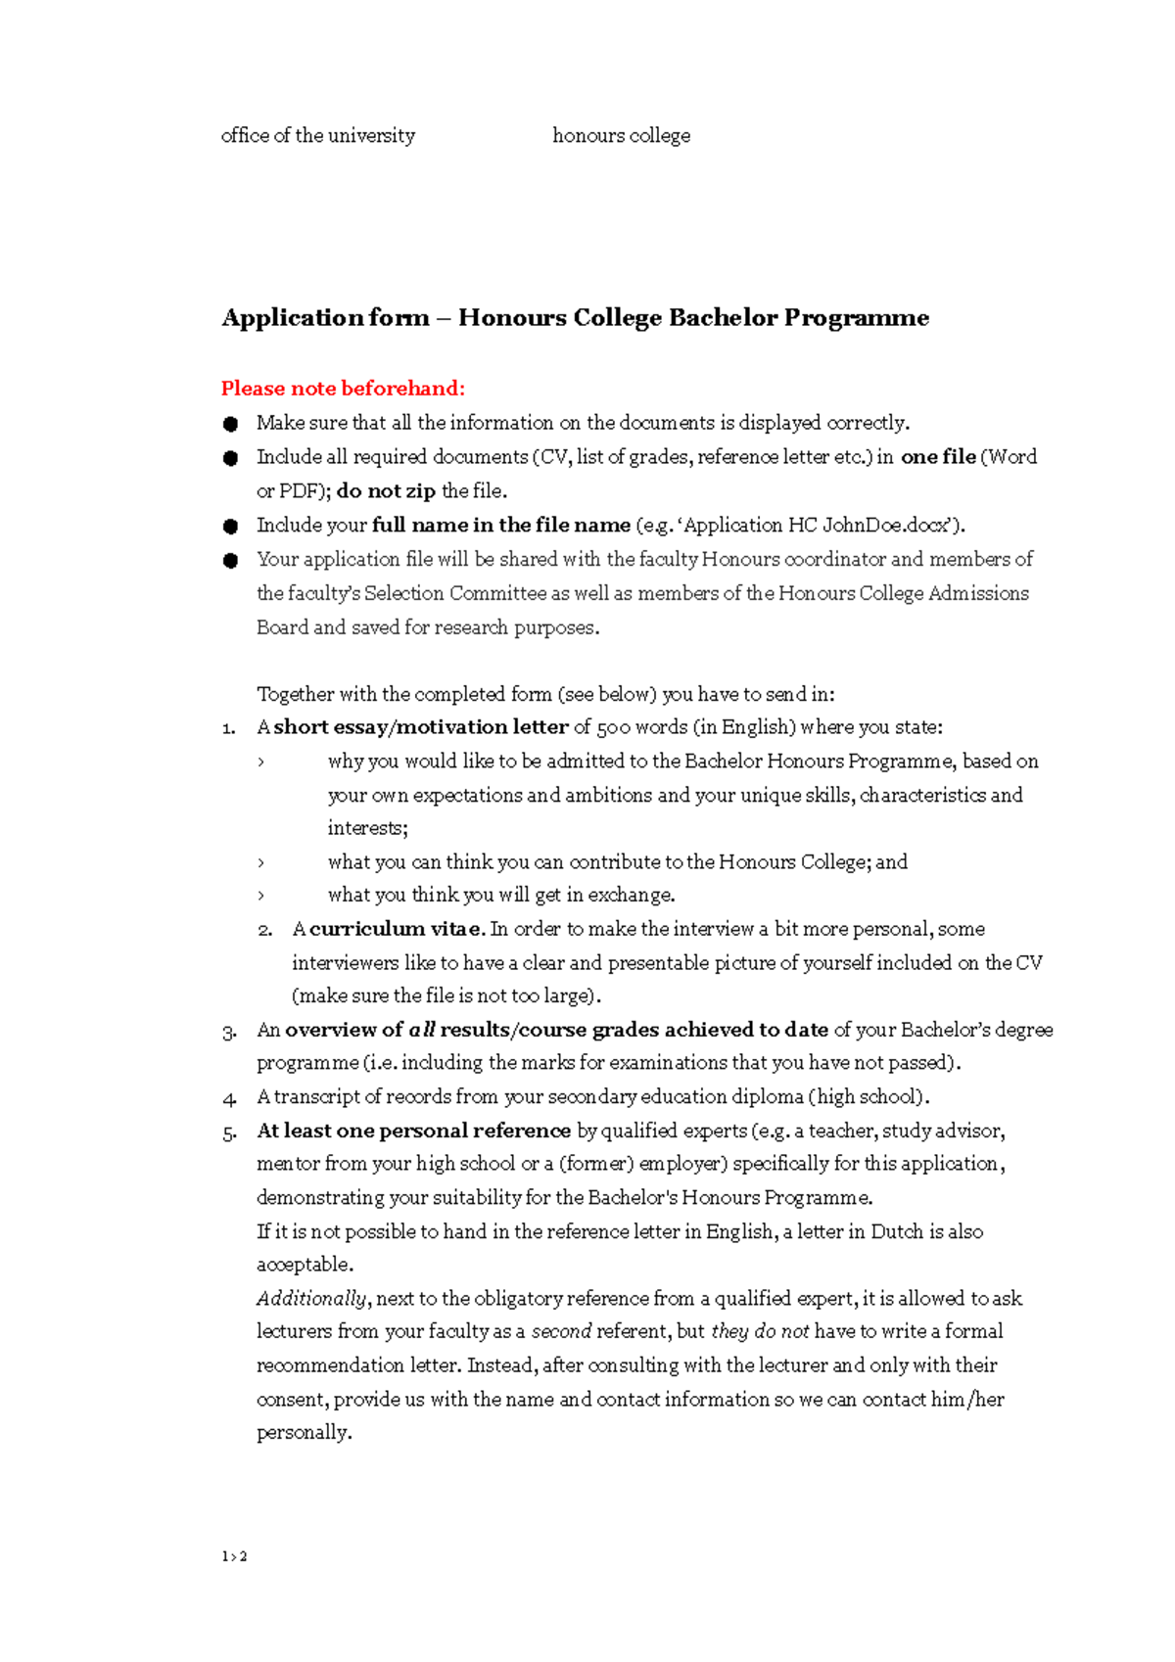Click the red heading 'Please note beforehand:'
pyautogui.click(x=343, y=389)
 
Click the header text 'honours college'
pyautogui.click(x=621, y=135)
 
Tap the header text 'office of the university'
pyautogui.click(x=317, y=135)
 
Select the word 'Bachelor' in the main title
pyautogui.click(x=723, y=318)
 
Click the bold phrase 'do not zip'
pyautogui.click(x=386, y=491)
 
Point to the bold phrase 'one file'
pyautogui.click(x=938, y=457)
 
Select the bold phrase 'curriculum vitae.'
pyautogui.click(x=398, y=929)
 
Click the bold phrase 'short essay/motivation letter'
pyautogui.click(x=421, y=727)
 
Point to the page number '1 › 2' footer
pyautogui.click(x=234, y=1556)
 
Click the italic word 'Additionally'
pyautogui.click(x=311, y=1299)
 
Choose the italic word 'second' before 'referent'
pyautogui.click(x=561, y=1332)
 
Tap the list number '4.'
pyautogui.click(x=229, y=1098)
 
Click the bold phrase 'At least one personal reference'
pyautogui.click(x=413, y=1131)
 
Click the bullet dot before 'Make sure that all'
pyautogui.click(x=230, y=424)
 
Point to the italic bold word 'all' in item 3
pyautogui.click(x=421, y=1031)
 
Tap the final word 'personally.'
pyautogui.click(x=304, y=1433)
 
